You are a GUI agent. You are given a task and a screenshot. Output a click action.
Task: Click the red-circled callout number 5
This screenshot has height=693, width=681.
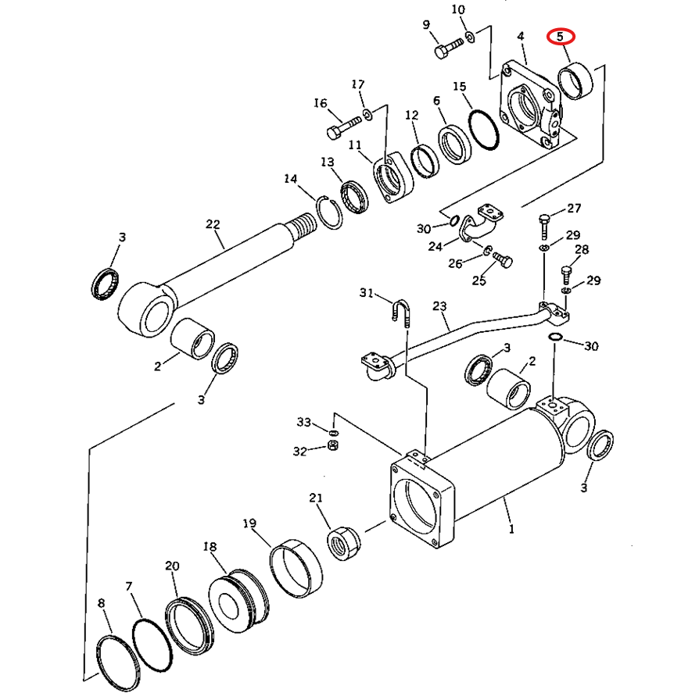(561, 36)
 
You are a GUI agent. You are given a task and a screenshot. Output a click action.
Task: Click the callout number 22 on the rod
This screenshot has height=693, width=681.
(213, 224)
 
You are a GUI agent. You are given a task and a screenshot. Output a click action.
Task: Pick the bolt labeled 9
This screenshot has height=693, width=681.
(449, 48)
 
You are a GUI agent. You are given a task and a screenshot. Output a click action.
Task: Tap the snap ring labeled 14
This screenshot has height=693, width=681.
(330, 213)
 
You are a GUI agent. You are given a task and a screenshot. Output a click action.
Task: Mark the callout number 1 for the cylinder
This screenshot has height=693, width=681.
(511, 529)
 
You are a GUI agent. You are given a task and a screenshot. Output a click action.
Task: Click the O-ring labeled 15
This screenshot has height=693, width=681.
(483, 130)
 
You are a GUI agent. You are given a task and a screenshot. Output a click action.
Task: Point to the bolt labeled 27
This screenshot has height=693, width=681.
(544, 227)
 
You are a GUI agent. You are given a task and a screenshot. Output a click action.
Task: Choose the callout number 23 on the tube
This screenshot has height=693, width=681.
(439, 306)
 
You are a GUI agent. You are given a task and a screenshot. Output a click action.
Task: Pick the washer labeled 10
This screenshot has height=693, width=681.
(471, 38)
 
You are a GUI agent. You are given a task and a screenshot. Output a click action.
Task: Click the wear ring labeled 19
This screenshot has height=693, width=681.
(296, 568)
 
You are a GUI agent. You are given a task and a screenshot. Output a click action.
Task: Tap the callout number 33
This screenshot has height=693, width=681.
(304, 423)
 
